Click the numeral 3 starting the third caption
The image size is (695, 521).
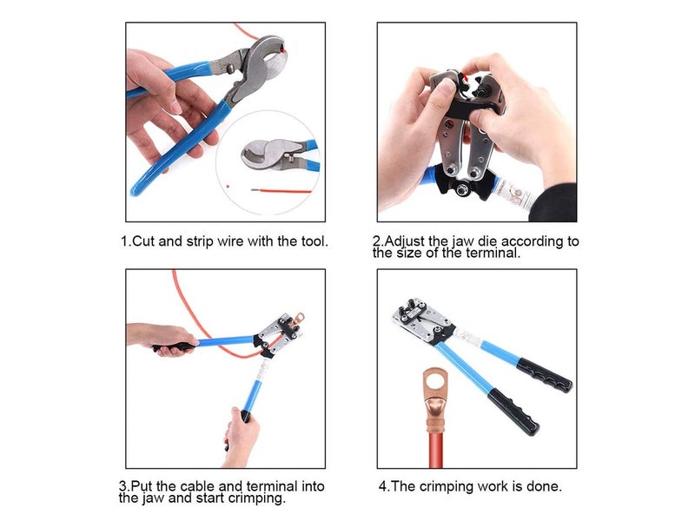pyautogui.click(x=122, y=486)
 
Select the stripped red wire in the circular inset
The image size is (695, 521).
pyautogui.click(x=287, y=186)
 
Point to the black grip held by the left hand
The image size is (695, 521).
pyautogui.click(x=178, y=346)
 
